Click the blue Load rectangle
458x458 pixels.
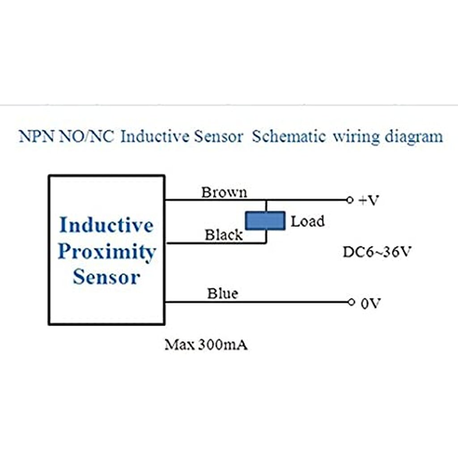(x=265, y=221)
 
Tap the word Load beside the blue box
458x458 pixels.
(x=308, y=221)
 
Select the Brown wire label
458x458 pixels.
(x=224, y=192)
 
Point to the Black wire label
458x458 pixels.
(x=224, y=235)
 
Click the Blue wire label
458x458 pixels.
(x=222, y=294)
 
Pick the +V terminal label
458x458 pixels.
(x=369, y=200)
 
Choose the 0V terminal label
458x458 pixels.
(x=370, y=304)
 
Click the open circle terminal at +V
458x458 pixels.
(x=350, y=200)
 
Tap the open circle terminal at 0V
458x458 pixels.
(x=351, y=302)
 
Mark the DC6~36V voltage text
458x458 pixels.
(x=376, y=252)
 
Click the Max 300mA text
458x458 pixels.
(x=206, y=345)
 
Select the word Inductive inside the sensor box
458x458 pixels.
(x=106, y=225)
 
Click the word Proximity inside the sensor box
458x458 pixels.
(x=106, y=252)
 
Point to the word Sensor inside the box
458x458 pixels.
(x=106, y=277)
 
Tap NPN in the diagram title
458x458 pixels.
(x=37, y=136)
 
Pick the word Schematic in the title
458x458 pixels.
(x=288, y=136)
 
